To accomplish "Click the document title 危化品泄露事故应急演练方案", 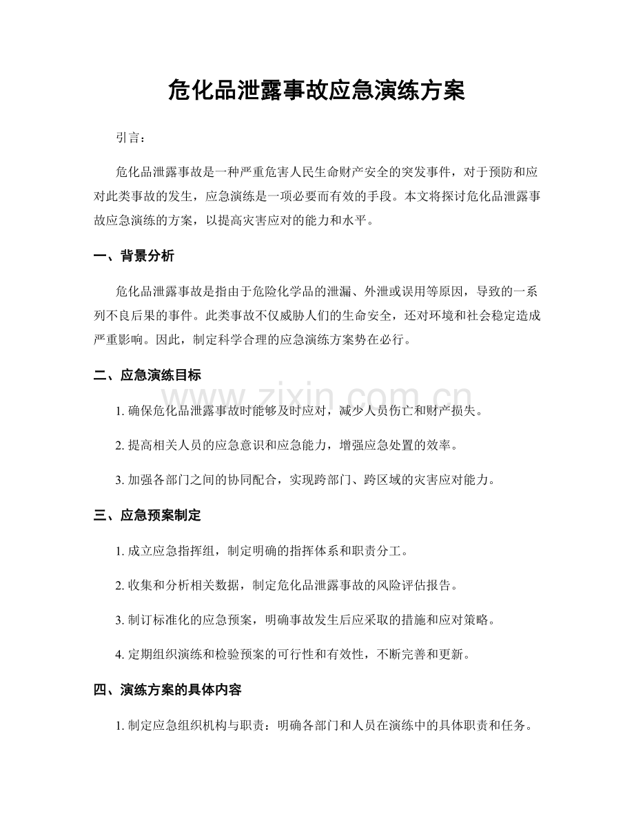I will coord(316,90).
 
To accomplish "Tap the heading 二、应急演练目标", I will coord(147,375).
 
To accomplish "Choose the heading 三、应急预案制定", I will coord(147,514).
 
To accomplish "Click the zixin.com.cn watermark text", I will coord(317,400).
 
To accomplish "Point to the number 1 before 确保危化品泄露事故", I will coord(121,411).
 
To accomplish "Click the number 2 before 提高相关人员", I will coord(121,446).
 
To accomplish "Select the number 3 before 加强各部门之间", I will coord(121,481).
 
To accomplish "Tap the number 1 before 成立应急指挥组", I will coord(121,551).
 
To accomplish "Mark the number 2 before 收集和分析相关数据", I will coord(121,586).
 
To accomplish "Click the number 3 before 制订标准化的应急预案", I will coord(121,620).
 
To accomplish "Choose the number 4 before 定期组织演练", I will coord(121,655).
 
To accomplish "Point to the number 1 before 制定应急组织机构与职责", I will coord(121,726).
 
